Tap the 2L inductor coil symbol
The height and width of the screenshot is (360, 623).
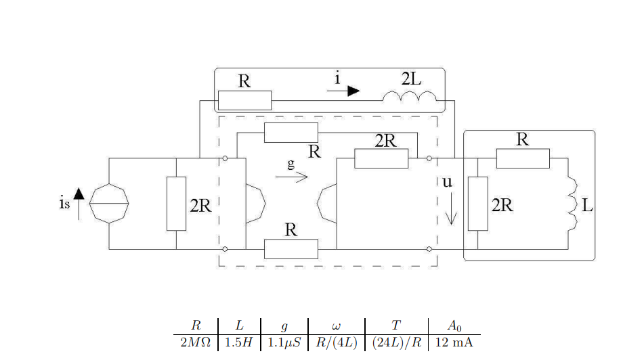410,99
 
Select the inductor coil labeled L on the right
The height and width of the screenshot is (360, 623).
572,204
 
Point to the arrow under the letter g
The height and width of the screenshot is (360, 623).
292,177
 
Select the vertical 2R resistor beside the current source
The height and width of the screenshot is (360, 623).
176,203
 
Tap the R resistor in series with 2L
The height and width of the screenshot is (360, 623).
244,100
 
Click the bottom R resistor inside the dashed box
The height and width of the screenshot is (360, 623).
291,249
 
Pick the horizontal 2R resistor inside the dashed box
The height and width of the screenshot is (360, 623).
381,158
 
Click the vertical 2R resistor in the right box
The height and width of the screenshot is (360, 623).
477,203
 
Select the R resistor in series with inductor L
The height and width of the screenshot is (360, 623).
523,158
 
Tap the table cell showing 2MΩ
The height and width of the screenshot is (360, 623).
196,342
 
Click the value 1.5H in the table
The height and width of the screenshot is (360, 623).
239,342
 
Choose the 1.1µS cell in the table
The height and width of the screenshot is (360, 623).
284,342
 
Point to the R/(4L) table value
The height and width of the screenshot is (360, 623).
336,342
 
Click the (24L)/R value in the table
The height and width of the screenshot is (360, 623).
396,342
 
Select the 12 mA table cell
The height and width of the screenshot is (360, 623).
454,342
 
